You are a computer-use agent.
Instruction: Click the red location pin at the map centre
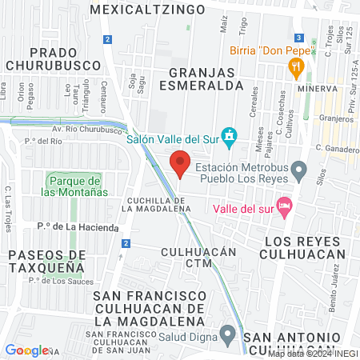click(180, 166)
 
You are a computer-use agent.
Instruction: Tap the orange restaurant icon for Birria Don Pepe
click(297, 68)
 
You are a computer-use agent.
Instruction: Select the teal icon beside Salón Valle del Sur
click(230, 138)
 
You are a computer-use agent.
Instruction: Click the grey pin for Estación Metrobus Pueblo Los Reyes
click(298, 169)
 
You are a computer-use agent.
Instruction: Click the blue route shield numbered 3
click(298, 38)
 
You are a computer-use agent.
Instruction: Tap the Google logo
click(26, 350)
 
